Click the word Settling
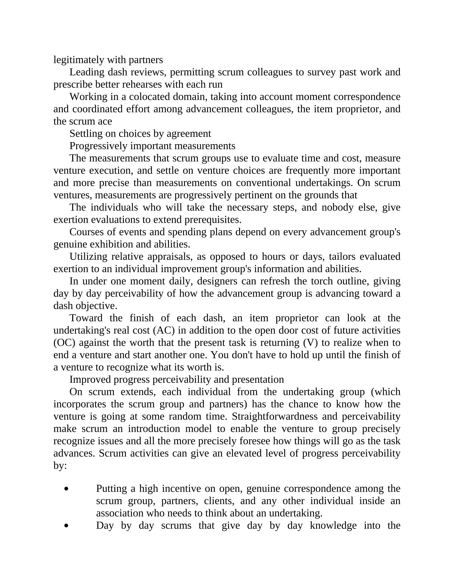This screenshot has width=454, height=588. point(86,134)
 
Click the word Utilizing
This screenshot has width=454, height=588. point(88,257)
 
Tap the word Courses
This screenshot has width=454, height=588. point(86,232)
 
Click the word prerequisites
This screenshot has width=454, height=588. point(213,220)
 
